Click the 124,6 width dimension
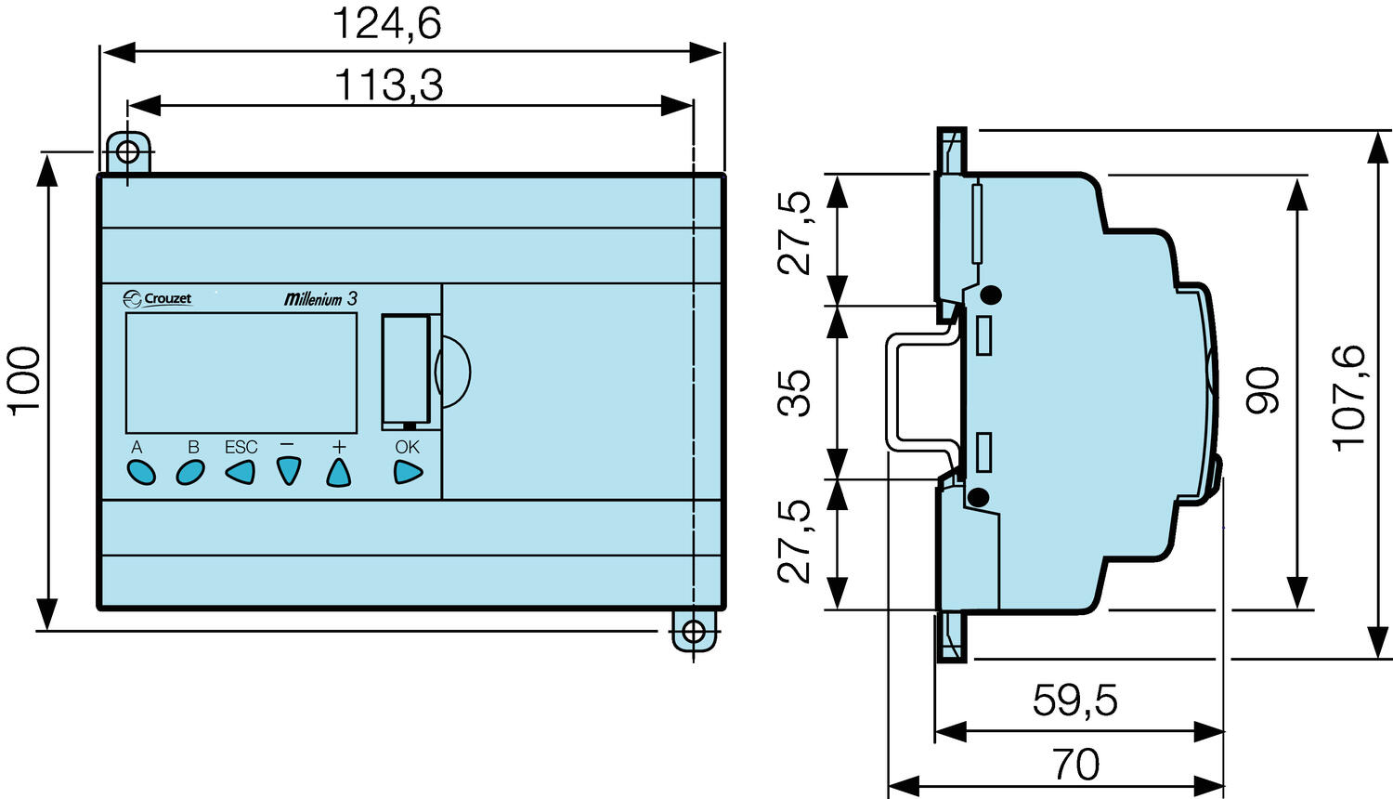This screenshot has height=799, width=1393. pyautogui.click(x=387, y=23)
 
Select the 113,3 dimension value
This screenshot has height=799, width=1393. pyautogui.click(x=388, y=85)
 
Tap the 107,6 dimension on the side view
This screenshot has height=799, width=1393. pyautogui.click(x=1349, y=398)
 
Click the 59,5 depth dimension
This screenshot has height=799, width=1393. pyautogui.click(x=1074, y=701)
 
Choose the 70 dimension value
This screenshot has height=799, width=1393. pyautogui.click(x=1076, y=765)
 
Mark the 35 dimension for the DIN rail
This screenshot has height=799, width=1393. pyautogui.click(x=795, y=392)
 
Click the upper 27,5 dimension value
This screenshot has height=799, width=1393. pyautogui.click(x=795, y=232)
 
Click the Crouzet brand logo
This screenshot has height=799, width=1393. pyautogui.click(x=158, y=298)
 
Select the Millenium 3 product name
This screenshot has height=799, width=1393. pyautogui.click(x=320, y=299)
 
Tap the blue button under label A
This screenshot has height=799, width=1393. pyautogui.click(x=141, y=473)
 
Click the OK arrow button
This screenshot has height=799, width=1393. pyautogui.click(x=408, y=472)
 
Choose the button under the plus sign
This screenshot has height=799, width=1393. pyautogui.click(x=339, y=473)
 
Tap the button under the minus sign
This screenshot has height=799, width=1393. pyautogui.click(x=289, y=472)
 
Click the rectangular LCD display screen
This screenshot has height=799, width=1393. pyautogui.click(x=241, y=373)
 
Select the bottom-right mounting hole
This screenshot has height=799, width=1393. pyautogui.click(x=693, y=632)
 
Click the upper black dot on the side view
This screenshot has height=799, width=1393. pyautogui.click(x=991, y=296)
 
